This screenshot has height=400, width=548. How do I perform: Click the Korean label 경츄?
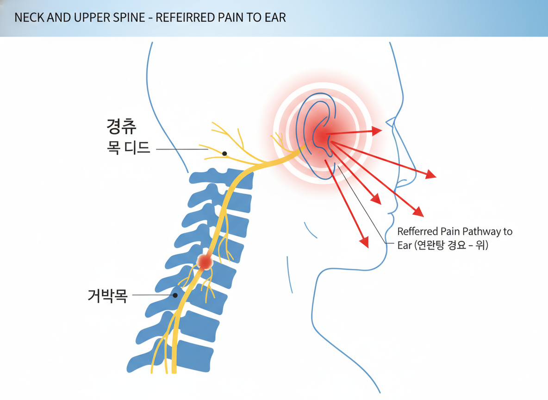(121, 126)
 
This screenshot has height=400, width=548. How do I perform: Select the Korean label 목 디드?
(128, 149)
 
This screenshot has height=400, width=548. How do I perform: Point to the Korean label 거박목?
(107, 295)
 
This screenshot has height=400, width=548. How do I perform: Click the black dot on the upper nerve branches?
(224, 154)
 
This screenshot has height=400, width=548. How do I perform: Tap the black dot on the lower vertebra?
(175, 295)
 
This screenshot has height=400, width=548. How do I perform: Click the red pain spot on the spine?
(204, 262)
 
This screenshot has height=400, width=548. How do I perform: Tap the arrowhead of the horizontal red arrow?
(378, 130)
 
